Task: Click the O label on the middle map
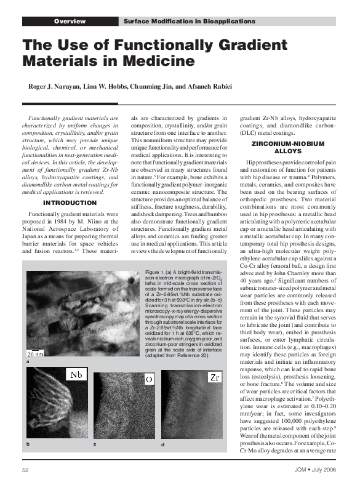(x=149, y=378)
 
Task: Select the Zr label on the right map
(x=214, y=376)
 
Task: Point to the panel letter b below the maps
(x=28, y=443)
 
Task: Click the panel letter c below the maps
(x=94, y=443)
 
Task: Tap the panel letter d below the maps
(x=162, y=443)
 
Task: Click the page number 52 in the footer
(x=26, y=471)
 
